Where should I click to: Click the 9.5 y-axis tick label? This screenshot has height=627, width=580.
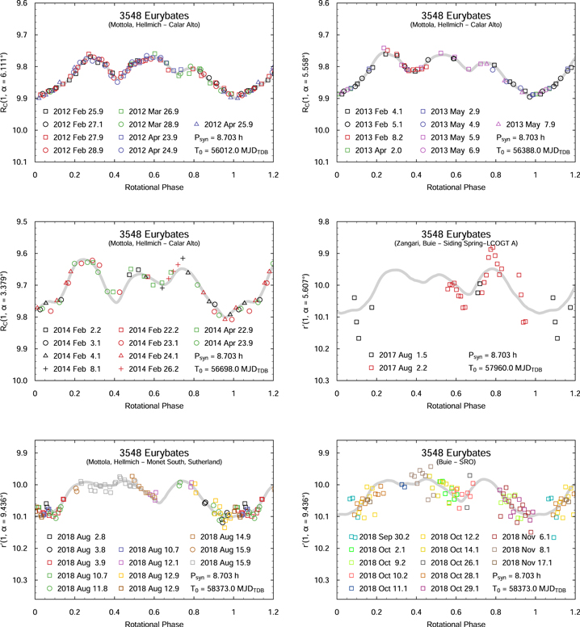point(20,221)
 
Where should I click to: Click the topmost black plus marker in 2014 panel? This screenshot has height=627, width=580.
point(183,259)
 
